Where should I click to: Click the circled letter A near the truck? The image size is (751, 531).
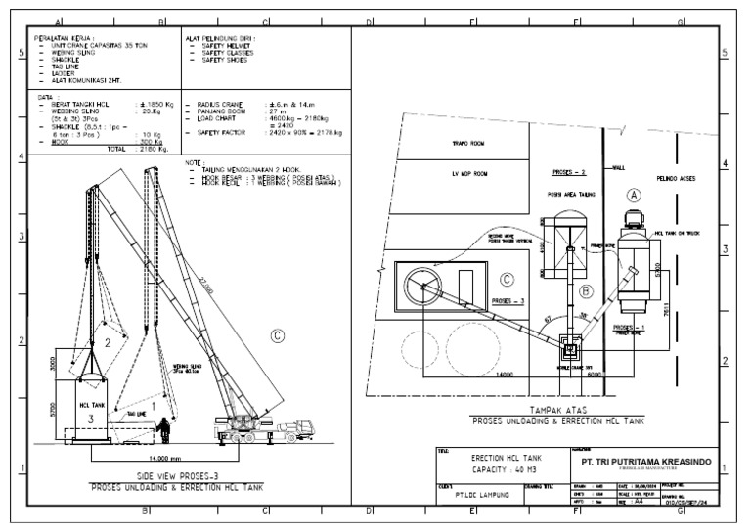coord(634,196)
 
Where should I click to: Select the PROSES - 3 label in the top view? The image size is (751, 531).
coord(508,302)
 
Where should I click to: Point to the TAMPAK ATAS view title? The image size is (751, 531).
coord(558,411)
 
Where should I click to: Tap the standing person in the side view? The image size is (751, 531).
coord(165,429)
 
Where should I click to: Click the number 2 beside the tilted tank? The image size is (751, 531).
coord(108,343)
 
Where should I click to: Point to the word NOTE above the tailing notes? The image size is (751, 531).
coord(196,163)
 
